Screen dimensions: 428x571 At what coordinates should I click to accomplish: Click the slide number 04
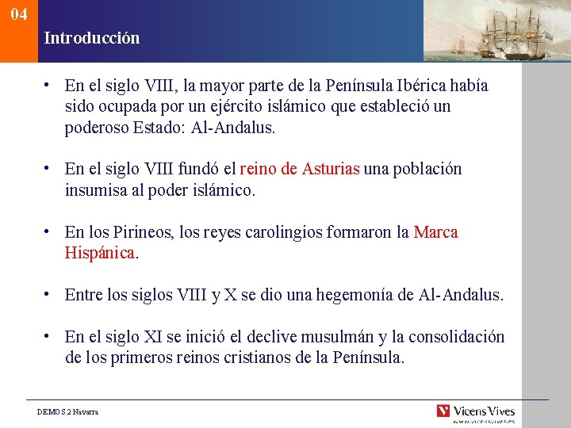point(19,14)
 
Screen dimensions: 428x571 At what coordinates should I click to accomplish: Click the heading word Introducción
point(92,38)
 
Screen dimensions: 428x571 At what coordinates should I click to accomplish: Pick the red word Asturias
point(331,170)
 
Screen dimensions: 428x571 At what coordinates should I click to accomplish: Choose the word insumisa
point(95,190)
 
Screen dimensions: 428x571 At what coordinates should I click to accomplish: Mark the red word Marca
point(436,233)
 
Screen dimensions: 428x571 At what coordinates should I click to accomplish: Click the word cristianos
point(249,358)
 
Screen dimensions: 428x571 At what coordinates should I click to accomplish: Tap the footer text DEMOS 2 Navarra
point(68,412)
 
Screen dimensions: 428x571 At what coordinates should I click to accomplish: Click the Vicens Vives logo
point(476,411)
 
